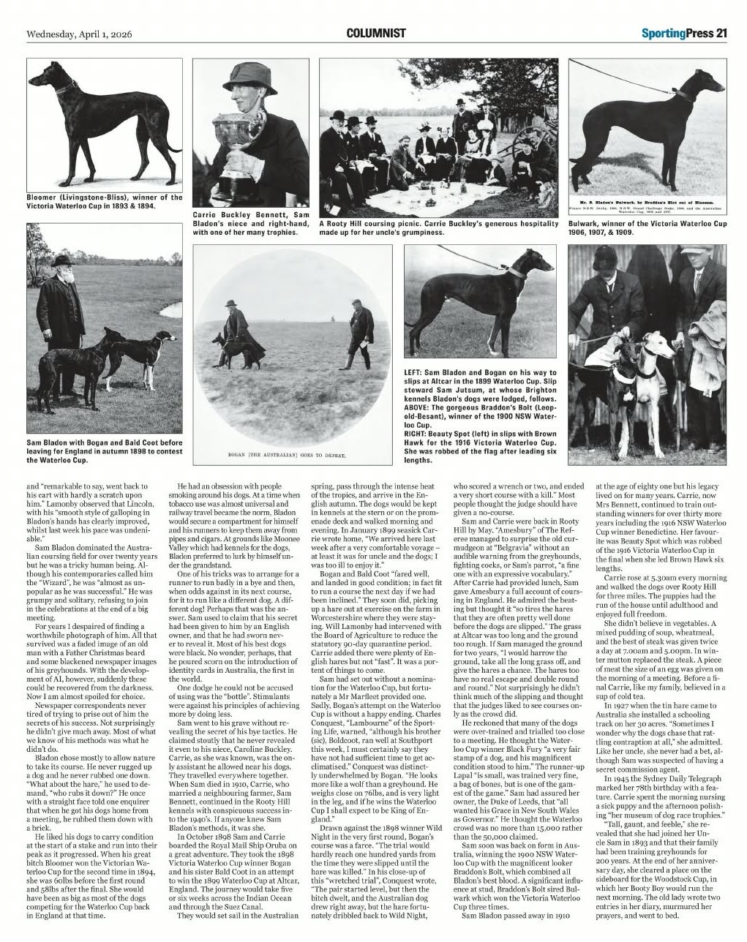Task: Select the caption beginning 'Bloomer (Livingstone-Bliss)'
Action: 105,202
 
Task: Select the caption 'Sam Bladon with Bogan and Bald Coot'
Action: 105,451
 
